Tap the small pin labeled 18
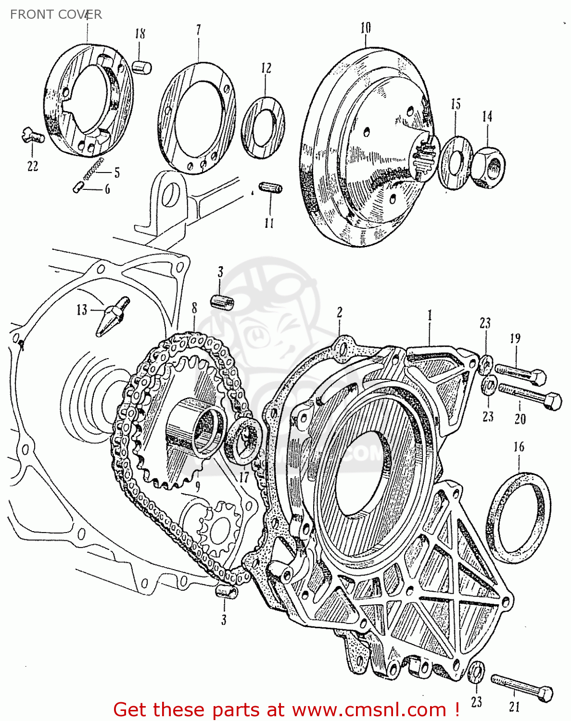click(x=142, y=67)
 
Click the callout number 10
click(x=366, y=28)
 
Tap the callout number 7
click(x=198, y=29)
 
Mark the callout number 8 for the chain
click(x=194, y=308)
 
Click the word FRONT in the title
click(x=29, y=14)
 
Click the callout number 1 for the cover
click(x=429, y=315)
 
